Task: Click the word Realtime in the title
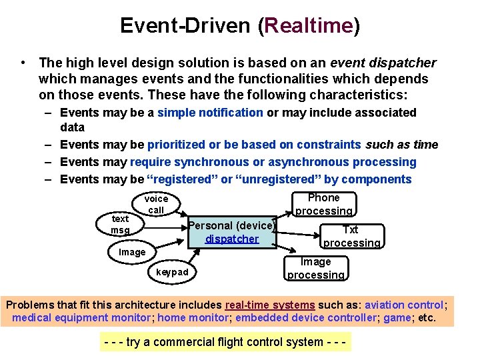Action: coord(309,26)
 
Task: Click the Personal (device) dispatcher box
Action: coord(232,232)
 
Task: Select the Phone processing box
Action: coord(324,204)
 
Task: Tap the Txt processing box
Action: coord(351,237)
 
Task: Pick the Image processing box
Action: coord(316,268)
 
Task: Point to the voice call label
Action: coord(156,204)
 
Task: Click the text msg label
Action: coord(121,224)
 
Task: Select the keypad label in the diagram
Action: coord(172,272)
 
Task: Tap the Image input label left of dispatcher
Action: coord(132,252)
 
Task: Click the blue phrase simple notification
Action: coord(210,113)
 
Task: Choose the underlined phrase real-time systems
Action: coord(275,305)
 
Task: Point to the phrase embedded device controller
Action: coord(306,317)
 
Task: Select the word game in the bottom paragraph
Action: coord(397,317)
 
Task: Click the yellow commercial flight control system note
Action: coord(227,342)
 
